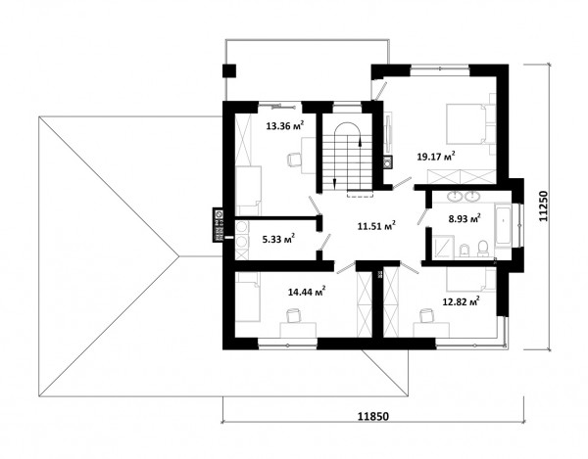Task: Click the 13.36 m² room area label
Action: [284, 125]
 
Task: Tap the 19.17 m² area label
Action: [436, 156]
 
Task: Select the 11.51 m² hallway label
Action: [376, 225]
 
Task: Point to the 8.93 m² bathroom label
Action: [465, 218]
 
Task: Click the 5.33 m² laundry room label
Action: [278, 238]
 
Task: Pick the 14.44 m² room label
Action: [307, 291]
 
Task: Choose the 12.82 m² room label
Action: [462, 301]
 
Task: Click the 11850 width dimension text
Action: [372, 416]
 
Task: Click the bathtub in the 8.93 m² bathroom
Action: [503, 225]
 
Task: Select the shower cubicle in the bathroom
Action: [443, 247]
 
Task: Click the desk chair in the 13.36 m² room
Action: [293, 160]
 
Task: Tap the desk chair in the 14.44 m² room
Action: [293, 315]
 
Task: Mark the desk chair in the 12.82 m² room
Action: [426, 315]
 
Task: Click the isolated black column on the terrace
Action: [229, 70]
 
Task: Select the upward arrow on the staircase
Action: [361, 142]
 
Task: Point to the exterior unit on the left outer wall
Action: [218, 225]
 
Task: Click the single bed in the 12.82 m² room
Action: [471, 279]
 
